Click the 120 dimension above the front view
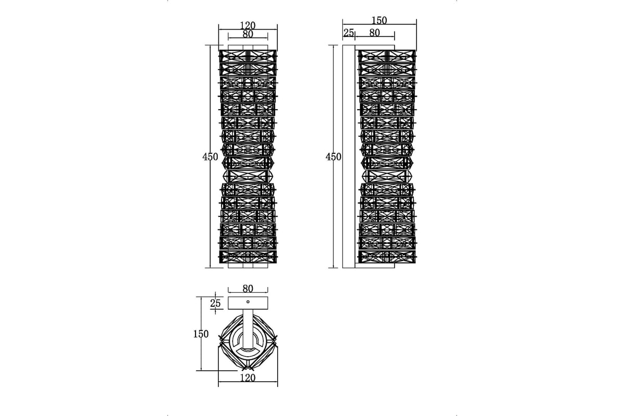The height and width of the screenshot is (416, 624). (248, 25)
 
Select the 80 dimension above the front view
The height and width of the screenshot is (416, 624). (248, 34)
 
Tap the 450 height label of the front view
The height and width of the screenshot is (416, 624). (210, 157)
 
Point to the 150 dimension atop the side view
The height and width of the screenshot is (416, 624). (379, 20)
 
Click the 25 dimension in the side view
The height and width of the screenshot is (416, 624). (348, 33)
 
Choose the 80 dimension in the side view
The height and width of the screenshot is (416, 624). (374, 33)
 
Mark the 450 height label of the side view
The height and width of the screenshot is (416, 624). (333, 157)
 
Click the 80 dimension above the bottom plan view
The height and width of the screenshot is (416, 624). (248, 289)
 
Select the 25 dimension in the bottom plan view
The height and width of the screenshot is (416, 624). (215, 303)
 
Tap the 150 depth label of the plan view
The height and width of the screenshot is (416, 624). (201, 334)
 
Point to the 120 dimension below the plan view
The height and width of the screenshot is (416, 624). (248, 378)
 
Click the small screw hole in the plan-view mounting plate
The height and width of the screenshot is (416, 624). (248, 302)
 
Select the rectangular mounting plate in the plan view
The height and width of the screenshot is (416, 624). (248, 303)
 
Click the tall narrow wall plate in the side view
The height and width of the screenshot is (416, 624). (348, 157)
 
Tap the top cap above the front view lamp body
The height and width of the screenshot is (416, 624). (248, 47)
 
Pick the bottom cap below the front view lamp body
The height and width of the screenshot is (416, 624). (248, 266)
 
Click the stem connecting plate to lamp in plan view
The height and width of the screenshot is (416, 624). (248, 329)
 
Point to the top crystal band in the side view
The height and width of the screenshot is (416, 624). (387, 56)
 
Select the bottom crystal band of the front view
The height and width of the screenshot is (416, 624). (248, 257)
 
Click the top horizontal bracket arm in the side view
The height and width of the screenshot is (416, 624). (375, 47)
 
